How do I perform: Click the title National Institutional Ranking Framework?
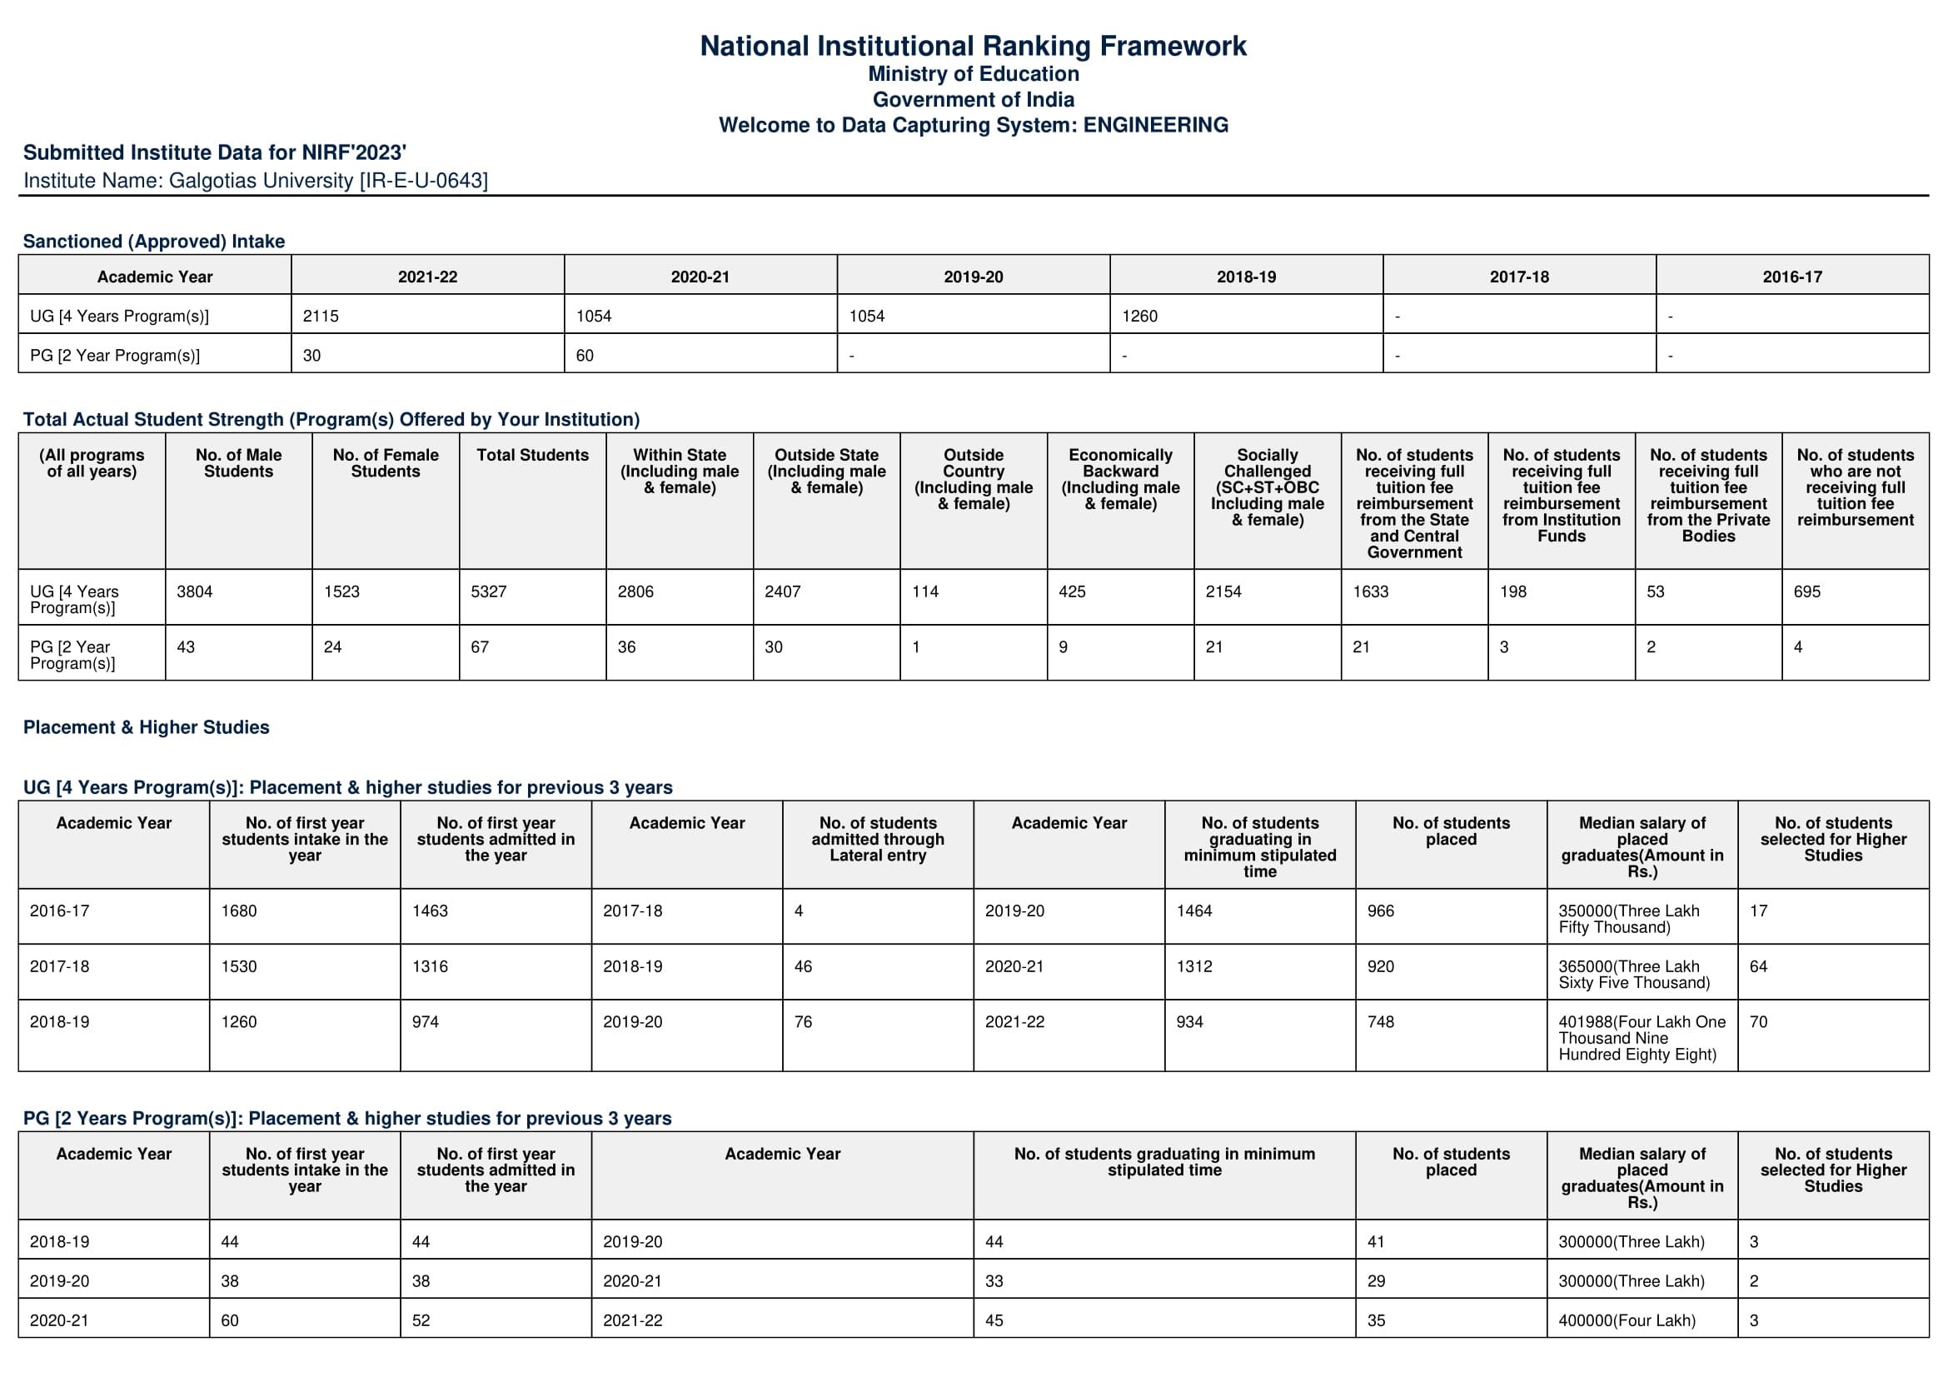tap(973, 46)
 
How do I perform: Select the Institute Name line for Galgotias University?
tap(256, 181)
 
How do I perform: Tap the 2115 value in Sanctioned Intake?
tap(321, 316)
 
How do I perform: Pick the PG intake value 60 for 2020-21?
tap(585, 356)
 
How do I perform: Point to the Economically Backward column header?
tap(1120, 478)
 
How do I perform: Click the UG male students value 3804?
tap(194, 591)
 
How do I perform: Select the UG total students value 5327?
tap(489, 591)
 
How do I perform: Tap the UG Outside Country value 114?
tap(924, 591)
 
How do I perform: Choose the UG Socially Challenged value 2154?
tap(1223, 591)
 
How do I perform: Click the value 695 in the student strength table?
tap(1806, 591)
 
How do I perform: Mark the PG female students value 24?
tap(332, 647)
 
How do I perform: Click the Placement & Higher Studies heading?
tap(146, 727)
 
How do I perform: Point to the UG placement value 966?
tap(1380, 911)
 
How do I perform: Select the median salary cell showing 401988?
tap(1641, 1038)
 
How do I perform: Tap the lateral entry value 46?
tap(803, 966)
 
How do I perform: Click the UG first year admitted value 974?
tap(425, 1022)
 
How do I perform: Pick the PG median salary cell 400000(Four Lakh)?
tap(1627, 1320)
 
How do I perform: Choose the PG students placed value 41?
tap(1375, 1242)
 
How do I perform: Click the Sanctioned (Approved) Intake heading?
tap(153, 241)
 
